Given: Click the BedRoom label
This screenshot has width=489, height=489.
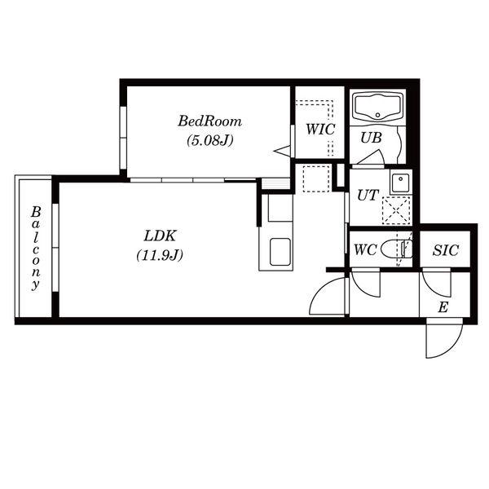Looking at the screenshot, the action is (210, 121).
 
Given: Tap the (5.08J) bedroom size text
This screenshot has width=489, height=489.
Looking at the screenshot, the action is (210, 141).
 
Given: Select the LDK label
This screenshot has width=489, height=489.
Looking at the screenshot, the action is (160, 236).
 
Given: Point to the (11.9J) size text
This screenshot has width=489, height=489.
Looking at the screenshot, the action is (160, 255).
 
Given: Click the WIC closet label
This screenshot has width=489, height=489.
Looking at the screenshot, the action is (320, 130).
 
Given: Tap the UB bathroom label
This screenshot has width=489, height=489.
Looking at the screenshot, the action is (371, 138).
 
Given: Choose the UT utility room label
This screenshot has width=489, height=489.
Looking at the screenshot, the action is (368, 196).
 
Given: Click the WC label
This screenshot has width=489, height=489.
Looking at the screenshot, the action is (365, 249).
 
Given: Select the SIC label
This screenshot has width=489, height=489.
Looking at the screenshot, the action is (445, 250).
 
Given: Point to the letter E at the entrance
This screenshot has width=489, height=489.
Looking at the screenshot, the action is (443, 307).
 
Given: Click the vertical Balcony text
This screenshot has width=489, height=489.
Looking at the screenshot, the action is (36, 249).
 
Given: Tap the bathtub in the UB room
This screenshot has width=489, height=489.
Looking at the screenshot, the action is (377, 108).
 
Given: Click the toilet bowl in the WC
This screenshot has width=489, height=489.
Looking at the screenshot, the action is (396, 249).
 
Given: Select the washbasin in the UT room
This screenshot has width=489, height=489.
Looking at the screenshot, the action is (400, 183).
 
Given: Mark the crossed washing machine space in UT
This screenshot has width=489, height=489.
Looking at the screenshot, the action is (396, 210).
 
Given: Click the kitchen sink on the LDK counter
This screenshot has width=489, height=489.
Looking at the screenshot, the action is (280, 252).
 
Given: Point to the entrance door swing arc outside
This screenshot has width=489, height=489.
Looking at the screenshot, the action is (452, 348).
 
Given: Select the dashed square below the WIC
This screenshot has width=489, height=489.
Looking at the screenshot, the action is (316, 178).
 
